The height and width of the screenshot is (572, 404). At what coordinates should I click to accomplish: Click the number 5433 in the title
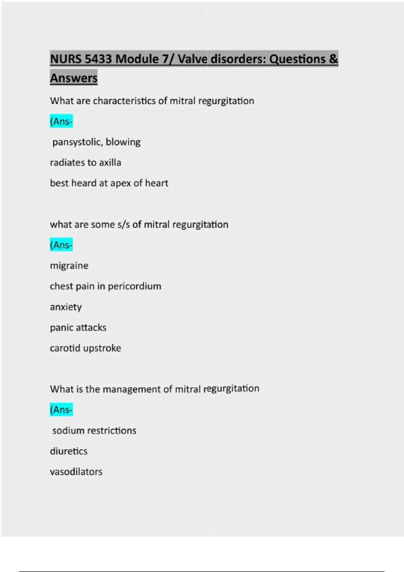coord(98,59)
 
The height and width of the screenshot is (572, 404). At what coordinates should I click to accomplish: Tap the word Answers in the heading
coord(74,78)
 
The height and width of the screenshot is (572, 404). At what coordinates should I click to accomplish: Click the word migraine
coord(69,266)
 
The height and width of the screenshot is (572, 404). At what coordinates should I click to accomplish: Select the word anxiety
coord(66,307)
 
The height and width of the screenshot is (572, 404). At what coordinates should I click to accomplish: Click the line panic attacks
coord(78,327)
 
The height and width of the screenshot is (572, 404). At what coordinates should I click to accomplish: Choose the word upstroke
coord(102,348)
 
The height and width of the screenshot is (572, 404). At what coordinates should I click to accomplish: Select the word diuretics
coord(69,451)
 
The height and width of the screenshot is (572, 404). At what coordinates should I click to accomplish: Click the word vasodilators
coord(76,472)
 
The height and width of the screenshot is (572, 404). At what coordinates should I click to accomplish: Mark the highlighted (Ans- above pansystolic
coord(61,121)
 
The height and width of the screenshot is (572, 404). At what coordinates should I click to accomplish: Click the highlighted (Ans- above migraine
coord(61,245)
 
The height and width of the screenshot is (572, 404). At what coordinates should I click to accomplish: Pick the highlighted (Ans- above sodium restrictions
coord(61,410)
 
